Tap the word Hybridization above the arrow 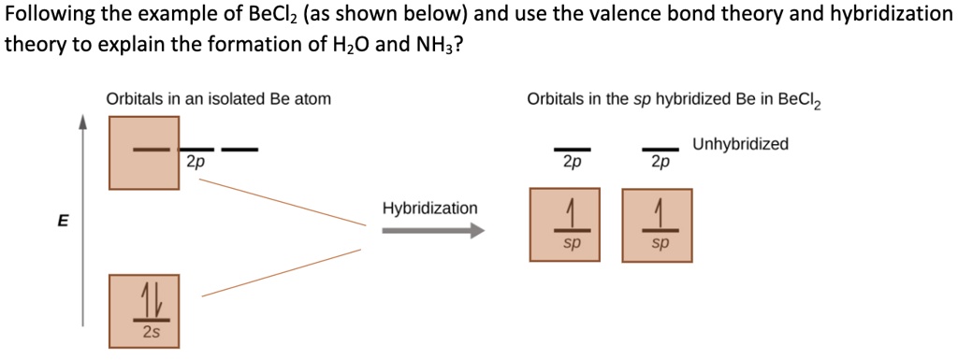429,208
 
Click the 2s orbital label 151,331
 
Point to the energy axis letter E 63,221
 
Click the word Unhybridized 740,144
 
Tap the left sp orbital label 572,241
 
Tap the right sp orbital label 660,241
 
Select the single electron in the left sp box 572,213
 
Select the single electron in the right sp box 660,213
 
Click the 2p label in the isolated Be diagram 195,161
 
